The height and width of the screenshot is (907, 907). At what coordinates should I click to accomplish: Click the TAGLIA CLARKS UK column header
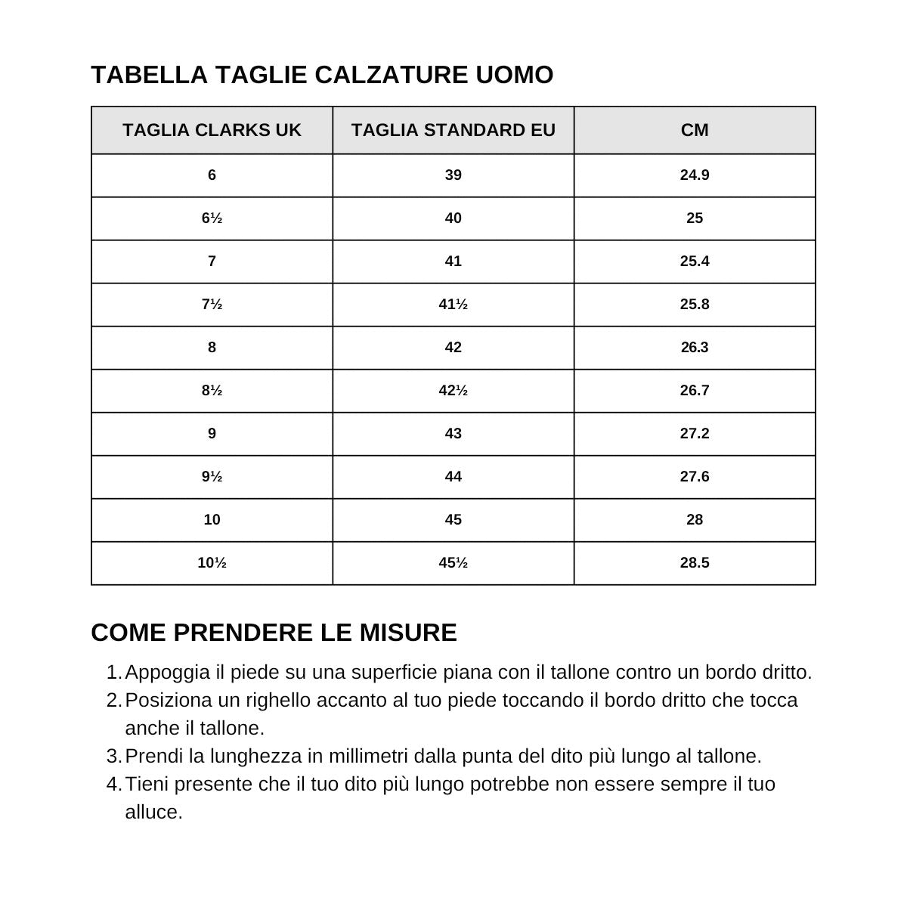(x=212, y=130)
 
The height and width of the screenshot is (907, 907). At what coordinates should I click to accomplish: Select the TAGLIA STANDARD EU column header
(x=453, y=130)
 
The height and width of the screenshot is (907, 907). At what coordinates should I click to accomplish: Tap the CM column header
(x=695, y=130)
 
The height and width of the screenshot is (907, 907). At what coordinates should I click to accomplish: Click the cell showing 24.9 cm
(x=695, y=175)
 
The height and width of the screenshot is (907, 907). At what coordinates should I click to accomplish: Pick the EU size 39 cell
(x=453, y=175)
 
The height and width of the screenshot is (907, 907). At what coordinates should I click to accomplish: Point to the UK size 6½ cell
(x=212, y=218)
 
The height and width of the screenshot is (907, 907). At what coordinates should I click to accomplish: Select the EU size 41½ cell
(x=453, y=305)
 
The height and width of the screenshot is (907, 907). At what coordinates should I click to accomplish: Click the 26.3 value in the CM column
(x=695, y=348)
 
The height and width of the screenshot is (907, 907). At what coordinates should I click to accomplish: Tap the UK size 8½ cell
(x=212, y=391)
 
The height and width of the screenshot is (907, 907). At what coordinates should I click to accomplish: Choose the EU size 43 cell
(x=453, y=434)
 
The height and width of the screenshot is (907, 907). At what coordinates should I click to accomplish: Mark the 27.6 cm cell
(x=695, y=477)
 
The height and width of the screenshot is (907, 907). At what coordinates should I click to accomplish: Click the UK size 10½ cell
(x=212, y=563)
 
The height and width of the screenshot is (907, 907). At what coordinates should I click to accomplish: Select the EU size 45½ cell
(x=453, y=563)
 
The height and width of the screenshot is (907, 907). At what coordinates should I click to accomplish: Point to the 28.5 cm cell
(x=695, y=563)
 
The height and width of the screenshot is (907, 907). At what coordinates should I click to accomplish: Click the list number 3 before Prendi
(x=113, y=757)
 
